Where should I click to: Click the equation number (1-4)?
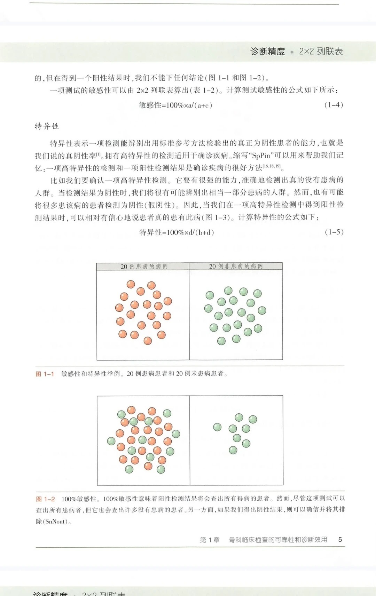[x=334, y=105]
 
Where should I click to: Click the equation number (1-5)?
[x=334, y=232]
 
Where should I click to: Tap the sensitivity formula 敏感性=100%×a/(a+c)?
[x=175, y=105]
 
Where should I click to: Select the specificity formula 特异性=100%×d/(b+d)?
[x=177, y=232]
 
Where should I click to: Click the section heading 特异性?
[x=47, y=126]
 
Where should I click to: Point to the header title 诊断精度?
[x=267, y=51]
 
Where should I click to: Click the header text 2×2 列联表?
[x=321, y=51]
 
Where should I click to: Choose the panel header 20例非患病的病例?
[x=236, y=267]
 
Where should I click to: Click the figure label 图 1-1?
[x=45, y=374]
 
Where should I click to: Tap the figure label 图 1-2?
[x=45, y=499]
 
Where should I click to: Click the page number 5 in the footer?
[x=340, y=540]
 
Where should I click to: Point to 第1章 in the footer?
[x=210, y=540]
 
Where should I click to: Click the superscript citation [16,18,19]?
[x=272, y=166]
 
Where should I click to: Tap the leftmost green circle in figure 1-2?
[x=111, y=441]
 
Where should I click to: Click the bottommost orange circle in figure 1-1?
[x=148, y=341]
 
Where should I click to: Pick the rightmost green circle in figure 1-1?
[x=262, y=310]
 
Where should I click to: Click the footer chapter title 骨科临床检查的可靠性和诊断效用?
[x=277, y=540]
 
